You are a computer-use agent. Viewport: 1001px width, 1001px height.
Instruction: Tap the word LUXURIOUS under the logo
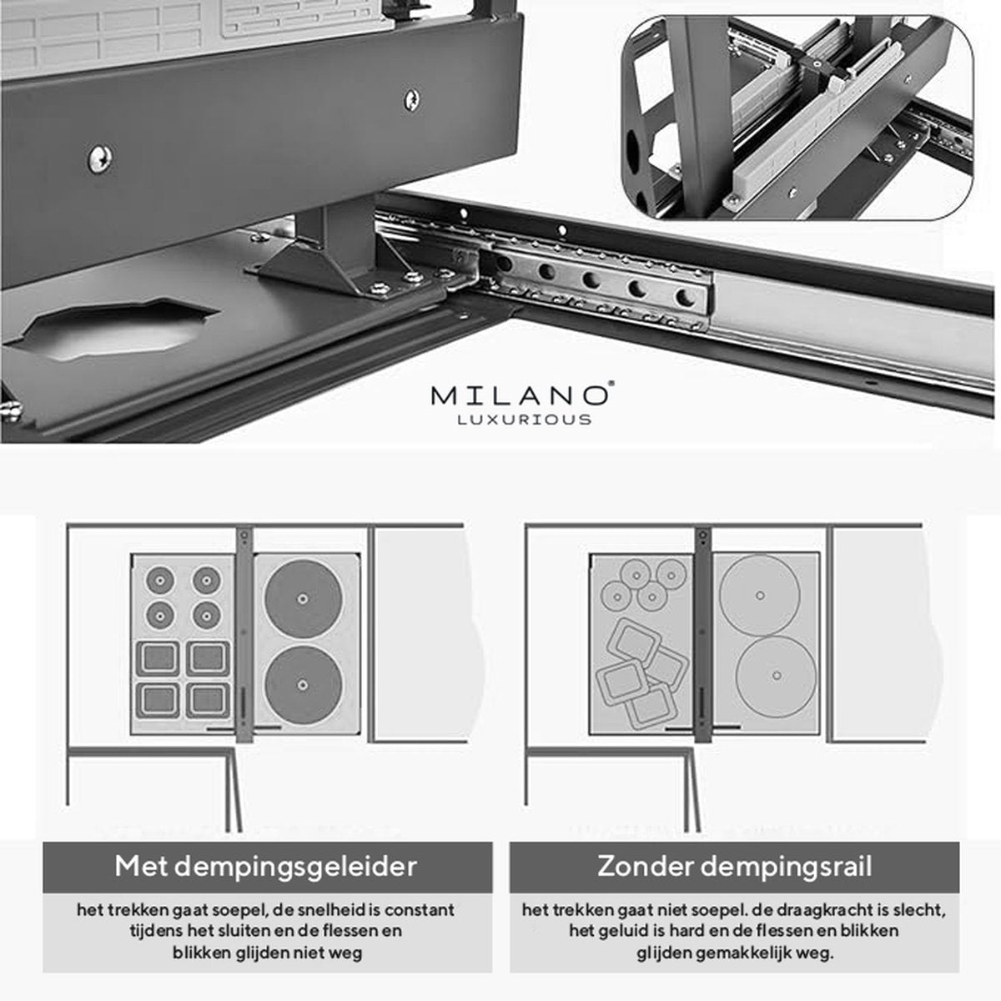click(x=524, y=420)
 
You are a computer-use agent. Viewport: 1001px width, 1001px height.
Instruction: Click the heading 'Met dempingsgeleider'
click(x=266, y=867)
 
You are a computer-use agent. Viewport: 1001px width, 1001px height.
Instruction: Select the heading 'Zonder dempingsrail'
click(x=734, y=867)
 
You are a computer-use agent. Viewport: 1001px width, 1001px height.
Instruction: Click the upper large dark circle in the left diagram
click(x=304, y=598)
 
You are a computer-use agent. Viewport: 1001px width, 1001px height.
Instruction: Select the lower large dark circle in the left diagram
click(x=304, y=685)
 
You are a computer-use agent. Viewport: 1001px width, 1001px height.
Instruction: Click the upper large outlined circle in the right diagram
click(x=759, y=595)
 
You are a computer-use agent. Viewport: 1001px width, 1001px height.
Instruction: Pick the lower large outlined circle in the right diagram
click(x=776, y=676)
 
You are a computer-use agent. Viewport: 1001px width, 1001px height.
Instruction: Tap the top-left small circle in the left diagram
click(x=160, y=580)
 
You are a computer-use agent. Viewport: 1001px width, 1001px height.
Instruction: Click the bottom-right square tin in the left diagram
click(x=207, y=699)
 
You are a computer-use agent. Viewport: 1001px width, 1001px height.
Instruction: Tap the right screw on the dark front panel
click(x=411, y=99)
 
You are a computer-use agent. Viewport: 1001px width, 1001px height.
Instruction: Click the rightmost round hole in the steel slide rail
click(x=685, y=298)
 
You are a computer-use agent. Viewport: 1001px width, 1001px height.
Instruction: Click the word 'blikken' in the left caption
click(x=201, y=953)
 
